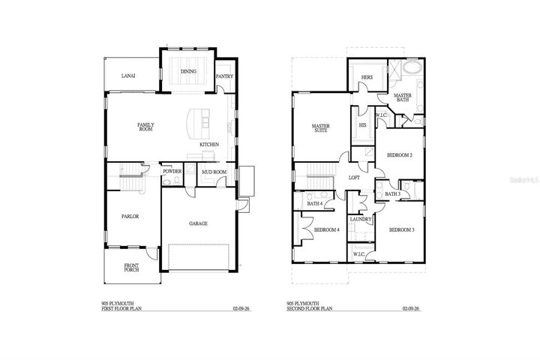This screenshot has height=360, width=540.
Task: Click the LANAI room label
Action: point(128,75)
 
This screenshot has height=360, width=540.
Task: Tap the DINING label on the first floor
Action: point(188,72)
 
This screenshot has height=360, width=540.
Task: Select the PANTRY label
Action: point(223,76)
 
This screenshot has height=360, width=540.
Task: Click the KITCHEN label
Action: point(209,144)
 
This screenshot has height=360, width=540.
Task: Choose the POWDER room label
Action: point(172,172)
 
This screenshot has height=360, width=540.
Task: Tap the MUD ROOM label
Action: point(214,172)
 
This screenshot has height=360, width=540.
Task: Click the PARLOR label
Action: point(131,217)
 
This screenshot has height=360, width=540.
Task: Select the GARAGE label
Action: point(198,223)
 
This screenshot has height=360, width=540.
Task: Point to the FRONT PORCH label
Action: point(132,268)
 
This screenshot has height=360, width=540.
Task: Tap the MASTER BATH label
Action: point(403,97)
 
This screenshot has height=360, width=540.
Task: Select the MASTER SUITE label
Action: point(321,128)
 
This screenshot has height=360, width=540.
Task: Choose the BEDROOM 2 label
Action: point(399,155)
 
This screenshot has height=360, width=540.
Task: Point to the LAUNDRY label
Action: point(361,219)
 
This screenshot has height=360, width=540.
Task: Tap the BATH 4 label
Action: point(315,202)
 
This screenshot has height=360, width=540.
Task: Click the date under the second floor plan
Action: point(410,308)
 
